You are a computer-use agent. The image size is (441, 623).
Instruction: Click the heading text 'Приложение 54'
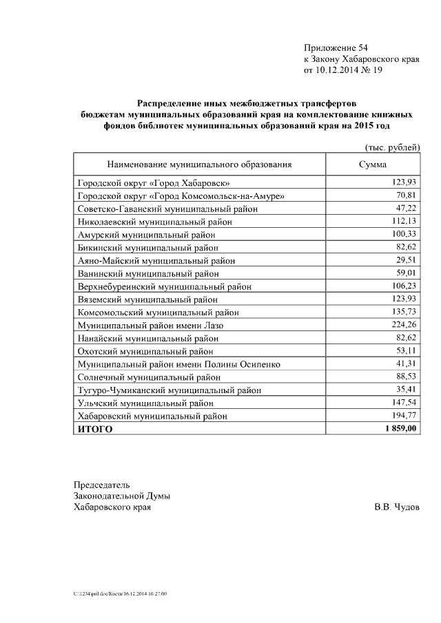(336, 47)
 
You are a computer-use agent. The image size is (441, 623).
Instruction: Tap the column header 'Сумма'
(373, 165)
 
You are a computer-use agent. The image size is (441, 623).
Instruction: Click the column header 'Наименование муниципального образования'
(199, 165)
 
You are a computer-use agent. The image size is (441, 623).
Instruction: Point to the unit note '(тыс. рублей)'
(391, 147)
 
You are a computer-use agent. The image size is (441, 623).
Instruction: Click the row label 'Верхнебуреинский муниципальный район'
(164, 286)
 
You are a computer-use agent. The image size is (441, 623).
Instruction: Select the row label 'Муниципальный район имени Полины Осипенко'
(178, 364)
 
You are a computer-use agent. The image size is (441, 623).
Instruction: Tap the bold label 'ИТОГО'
(95, 429)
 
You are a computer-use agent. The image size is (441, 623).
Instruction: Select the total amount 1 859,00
(397, 428)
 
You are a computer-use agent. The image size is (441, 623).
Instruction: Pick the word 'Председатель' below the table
(101, 484)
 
